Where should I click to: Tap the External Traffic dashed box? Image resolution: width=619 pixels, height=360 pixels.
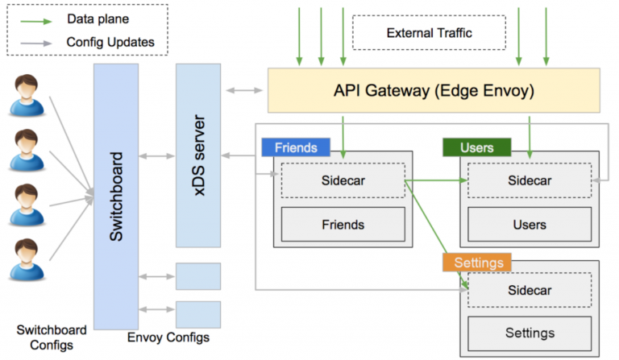429,33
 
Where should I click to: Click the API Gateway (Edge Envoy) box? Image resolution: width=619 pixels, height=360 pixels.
433,91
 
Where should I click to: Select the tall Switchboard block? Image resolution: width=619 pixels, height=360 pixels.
116,197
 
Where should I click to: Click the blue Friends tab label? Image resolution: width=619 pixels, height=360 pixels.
295,148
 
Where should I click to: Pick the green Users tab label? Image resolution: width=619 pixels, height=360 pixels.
476,148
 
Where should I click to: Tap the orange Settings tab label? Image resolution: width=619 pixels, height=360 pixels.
478,263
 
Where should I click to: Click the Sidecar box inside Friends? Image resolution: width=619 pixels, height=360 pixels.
343,180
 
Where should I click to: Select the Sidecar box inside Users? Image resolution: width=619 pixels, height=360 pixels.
529,180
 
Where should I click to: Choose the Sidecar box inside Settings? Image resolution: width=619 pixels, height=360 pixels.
529,289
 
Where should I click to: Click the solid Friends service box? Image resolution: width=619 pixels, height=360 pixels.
343,224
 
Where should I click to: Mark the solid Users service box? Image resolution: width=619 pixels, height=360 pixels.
529,224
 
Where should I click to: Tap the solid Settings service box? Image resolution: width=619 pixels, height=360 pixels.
529,333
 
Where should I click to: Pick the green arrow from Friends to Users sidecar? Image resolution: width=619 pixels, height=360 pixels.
435,181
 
